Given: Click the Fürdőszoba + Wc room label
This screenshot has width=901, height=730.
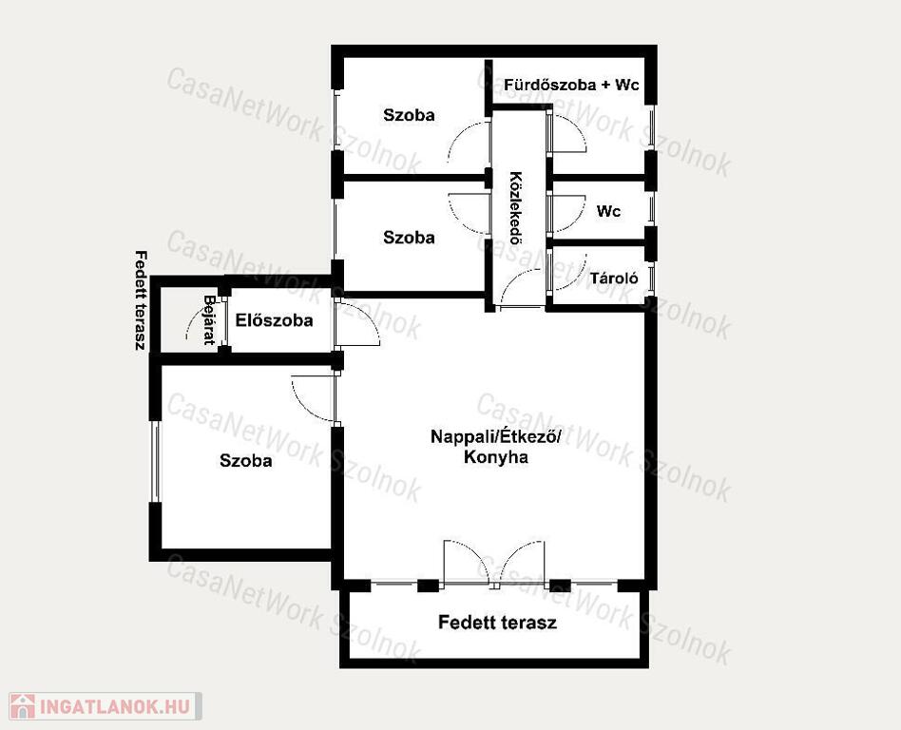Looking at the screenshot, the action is (572, 85).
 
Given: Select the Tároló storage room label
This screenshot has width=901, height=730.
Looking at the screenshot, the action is (614, 279).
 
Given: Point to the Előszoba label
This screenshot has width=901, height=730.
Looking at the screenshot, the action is (274, 320).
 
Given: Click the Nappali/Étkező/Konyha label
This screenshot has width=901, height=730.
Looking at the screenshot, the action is (495, 447).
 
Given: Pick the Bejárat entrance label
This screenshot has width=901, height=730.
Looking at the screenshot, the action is (209, 319).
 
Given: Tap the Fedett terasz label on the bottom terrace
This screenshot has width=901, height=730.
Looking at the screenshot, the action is (497, 622).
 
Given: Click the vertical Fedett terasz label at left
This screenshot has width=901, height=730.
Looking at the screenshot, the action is (139, 300).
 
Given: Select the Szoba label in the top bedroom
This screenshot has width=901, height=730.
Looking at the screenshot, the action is (409, 115).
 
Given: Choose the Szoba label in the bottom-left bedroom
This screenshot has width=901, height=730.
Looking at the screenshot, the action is (246, 460).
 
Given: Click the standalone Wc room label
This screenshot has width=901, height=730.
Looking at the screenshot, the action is (608, 211).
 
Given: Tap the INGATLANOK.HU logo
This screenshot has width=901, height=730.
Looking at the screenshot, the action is (105, 706).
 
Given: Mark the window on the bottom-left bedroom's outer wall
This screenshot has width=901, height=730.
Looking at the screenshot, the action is (155, 461).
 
